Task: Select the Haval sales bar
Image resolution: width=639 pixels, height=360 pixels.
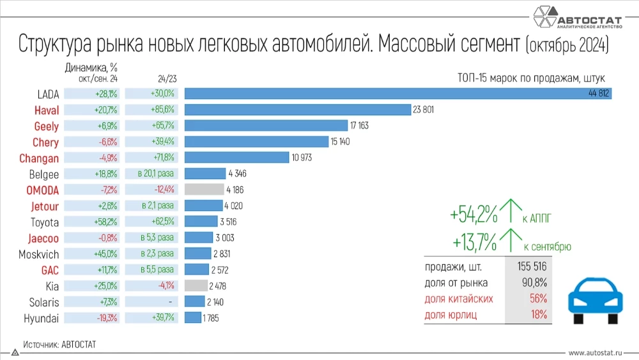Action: (297, 110)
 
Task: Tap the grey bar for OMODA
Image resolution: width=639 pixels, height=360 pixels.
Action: (204, 190)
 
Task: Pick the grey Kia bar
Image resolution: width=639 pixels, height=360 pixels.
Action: (196, 286)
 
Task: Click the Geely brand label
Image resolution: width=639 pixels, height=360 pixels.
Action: (46, 126)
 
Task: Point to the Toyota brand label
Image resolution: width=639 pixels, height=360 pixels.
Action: (45, 222)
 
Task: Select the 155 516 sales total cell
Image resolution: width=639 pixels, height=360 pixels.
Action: (528, 266)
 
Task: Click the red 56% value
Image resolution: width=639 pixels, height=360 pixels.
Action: (538, 299)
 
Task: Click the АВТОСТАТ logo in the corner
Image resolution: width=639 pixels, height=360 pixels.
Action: (578, 17)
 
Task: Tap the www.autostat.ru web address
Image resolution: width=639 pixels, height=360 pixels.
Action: (597, 352)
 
